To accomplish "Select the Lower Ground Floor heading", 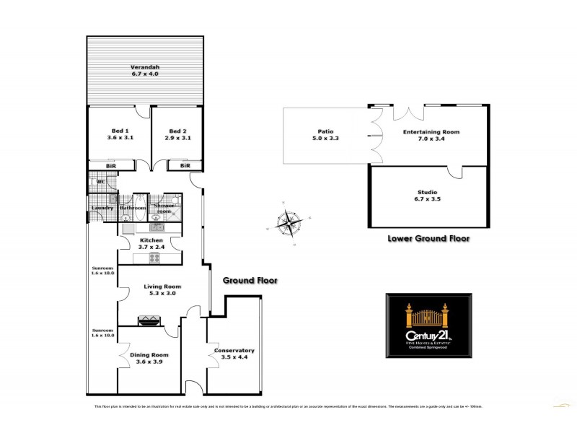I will click(428, 238).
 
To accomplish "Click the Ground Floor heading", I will click(250, 281).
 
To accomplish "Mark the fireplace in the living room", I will click(149, 320).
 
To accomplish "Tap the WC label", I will click(101, 181).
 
